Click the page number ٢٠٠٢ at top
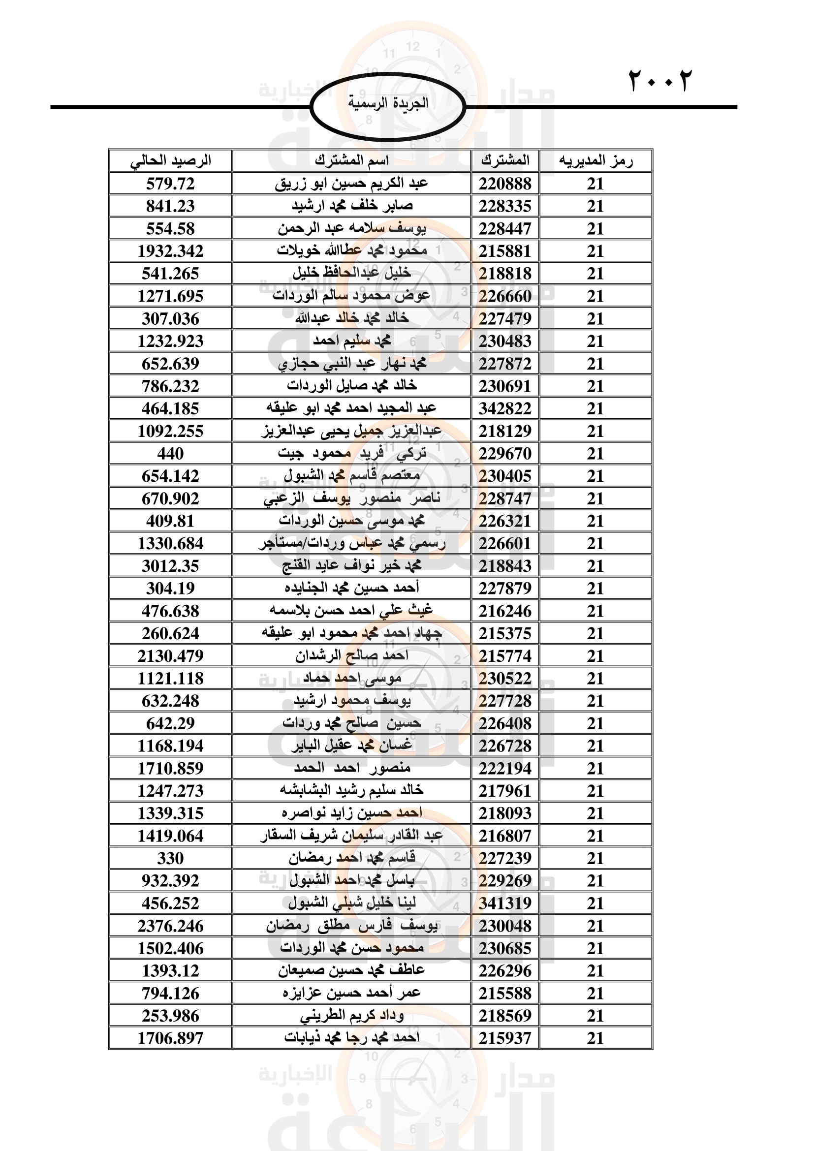click(x=659, y=80)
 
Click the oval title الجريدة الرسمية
click(x=388, y=103)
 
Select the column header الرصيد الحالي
click(x=170, y=161)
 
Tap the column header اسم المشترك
click(x=351, y=161)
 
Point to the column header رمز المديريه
click(x=595, y=161)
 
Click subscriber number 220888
click(x=505, y=184)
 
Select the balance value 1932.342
click(x=170, y=251)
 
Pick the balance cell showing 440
click(x=170, y=454)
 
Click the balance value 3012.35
click(x=170, y=566)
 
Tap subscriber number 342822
click(x=505, y=408)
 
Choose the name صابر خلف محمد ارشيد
click(x=351, y=206)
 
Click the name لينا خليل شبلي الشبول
click(x=351, y=903)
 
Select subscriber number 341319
click(x=505, y=903)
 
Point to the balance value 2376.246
click(x=170, y=926)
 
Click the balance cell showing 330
click(x=170, y=858)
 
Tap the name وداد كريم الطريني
click(x=351, y=1016)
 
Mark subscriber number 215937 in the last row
click(x=505, y=1038)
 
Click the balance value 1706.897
click(x=170, y=1038)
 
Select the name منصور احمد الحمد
click(x=351, y=768)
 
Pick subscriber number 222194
click(x=505, y=769)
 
